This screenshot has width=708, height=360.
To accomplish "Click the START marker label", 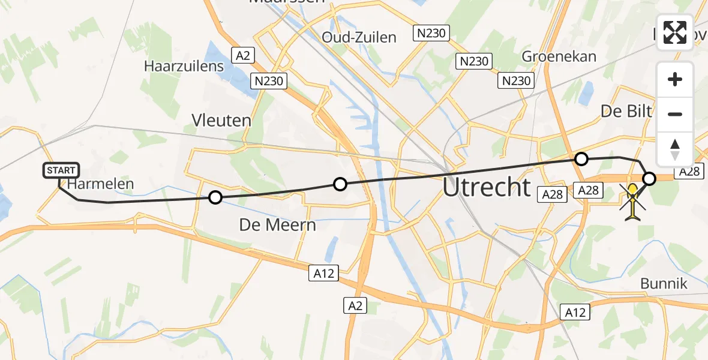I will click(x=61, y=170).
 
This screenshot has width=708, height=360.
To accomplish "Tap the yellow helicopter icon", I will click(x=633, y=202).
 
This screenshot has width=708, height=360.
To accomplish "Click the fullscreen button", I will click(x=675, y=32).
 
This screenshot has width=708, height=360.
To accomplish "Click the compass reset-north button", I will click(x=675, y=149).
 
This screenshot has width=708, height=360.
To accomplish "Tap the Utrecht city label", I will click(x=487, y=187).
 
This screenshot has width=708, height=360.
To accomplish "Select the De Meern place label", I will click(x=277, y=226).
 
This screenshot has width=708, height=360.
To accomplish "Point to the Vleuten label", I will click(x=221, y=120).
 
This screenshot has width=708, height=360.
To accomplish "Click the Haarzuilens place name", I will click(x=184, y=66).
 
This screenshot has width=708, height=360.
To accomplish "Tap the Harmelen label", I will click(x=100, y=184).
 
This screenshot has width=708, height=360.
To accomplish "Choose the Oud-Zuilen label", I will click(x=359, y=37).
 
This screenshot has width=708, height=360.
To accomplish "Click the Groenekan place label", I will click(x=559, y=56).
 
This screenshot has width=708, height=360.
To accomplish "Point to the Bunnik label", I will click(x=664, y=283).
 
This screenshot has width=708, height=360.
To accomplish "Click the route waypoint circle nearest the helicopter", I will click(x=650, y=178).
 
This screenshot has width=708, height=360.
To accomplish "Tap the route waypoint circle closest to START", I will click(x=215, y=197).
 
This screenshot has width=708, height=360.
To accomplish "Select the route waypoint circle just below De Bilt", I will click(x=581, y=159).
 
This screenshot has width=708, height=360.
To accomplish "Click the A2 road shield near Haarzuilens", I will click(x=243, y=56).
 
